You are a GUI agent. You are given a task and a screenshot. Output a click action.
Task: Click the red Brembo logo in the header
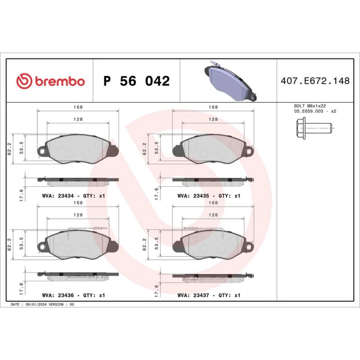click(x=50, y=81)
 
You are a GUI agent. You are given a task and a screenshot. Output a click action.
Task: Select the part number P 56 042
click(x=136, y=81)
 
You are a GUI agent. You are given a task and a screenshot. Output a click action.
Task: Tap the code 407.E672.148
click(x=315, y=81)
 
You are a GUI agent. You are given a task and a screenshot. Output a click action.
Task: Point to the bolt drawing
click(x=314, y=128)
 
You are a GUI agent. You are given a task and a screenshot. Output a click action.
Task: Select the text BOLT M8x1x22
click(x=310, y=106)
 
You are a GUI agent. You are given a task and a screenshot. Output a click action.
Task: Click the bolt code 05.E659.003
click(x=309, y=111)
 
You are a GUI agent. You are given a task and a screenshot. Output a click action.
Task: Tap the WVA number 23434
click(x=66, y=196)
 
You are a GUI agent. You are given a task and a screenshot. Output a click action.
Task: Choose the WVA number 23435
click(x=201, y=196)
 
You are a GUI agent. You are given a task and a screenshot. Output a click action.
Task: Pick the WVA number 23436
click(x=66, y=295)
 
